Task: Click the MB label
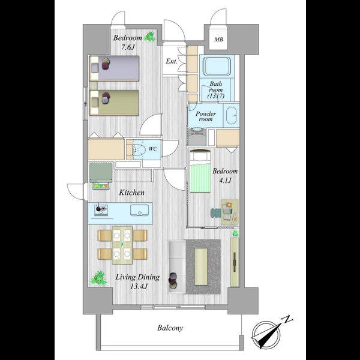218,40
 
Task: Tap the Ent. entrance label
172,61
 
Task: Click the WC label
152,149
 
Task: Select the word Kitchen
132,193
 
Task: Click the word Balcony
170,328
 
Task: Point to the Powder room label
206,116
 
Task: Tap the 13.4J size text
139,286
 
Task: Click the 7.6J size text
128,47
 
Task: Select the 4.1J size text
225,181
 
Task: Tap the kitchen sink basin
140,210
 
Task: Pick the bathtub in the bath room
217,66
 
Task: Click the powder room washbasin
231,116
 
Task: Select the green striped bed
200,171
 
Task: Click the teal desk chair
215,212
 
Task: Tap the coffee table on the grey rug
201,267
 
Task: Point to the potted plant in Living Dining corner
99,278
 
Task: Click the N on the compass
287,319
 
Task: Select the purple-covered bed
115,68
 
